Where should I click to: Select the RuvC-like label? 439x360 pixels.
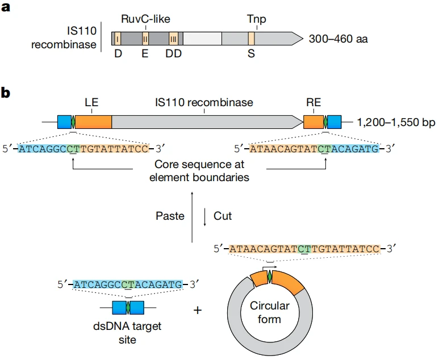(145, 19)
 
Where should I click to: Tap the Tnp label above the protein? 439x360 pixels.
(256, 20)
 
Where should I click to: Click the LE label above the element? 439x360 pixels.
(91, 103)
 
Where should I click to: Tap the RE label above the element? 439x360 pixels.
(313, 103)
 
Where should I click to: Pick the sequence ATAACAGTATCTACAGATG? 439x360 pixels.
(314, 149)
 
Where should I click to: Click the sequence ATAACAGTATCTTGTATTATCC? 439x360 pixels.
(304, 249)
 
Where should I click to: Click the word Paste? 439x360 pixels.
(169, 216)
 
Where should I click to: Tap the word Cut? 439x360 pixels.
(223, 216)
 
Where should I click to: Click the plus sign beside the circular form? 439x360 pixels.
(198, 311)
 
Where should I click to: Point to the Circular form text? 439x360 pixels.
(270, 312)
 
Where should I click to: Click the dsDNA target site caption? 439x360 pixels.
(128, 333)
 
